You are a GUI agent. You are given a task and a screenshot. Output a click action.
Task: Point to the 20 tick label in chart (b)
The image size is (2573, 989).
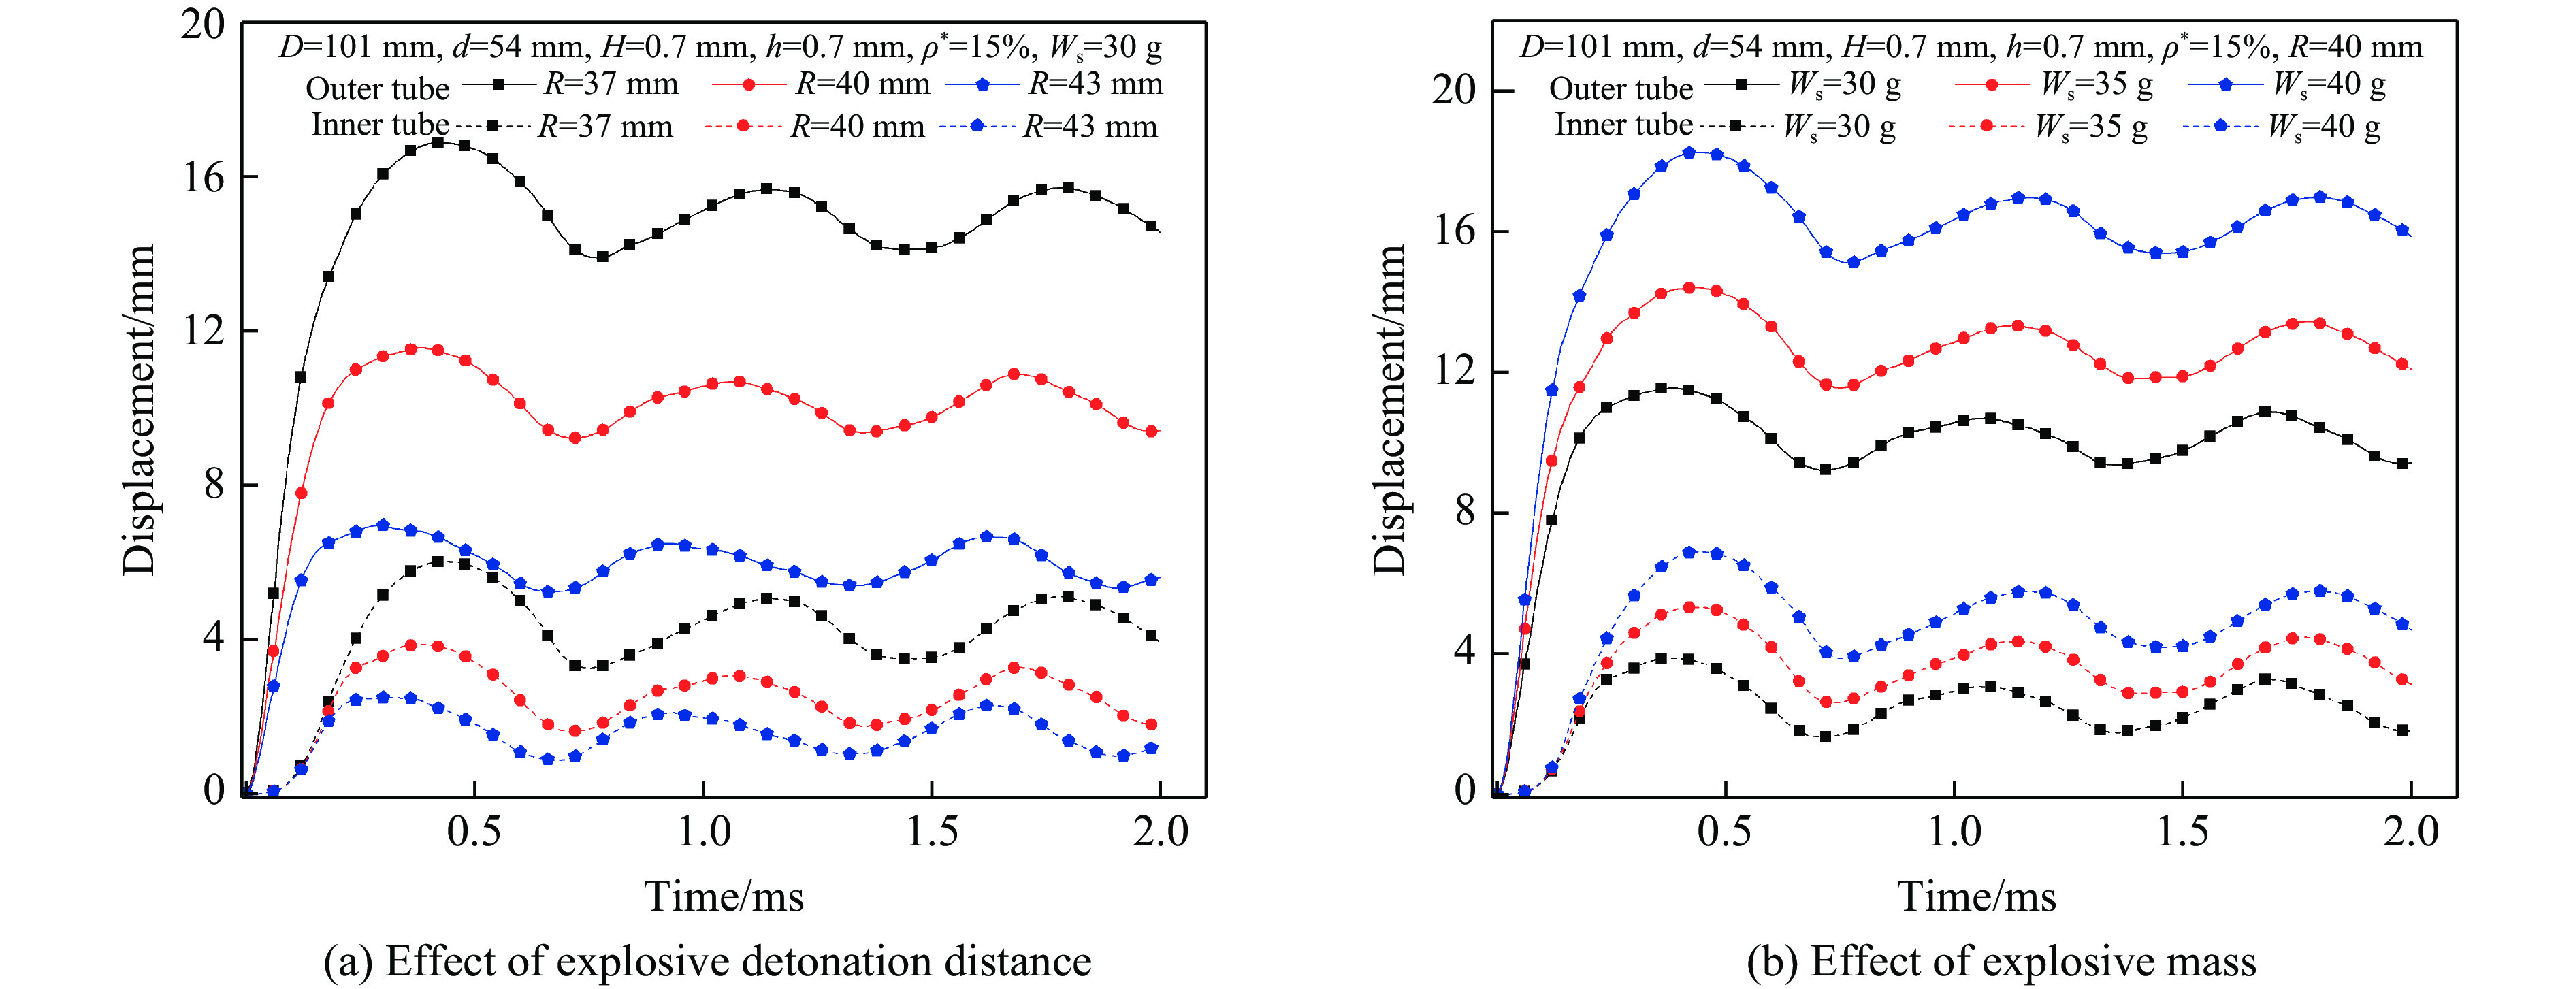click(1453, 90)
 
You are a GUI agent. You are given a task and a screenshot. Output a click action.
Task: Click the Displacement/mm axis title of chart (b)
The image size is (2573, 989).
click(1389, 410)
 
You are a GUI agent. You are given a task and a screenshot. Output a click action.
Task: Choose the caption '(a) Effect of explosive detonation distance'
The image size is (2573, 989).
click(707, 961)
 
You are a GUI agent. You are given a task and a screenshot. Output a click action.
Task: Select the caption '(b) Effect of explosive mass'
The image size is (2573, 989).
click(2001, 961)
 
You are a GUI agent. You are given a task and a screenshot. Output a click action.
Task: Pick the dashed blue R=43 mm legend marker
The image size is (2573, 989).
click(977, 126)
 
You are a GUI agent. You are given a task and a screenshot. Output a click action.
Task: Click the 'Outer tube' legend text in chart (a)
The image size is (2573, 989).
click(378, 89)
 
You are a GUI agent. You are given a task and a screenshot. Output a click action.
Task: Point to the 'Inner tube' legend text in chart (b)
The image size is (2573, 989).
click(1623, 125)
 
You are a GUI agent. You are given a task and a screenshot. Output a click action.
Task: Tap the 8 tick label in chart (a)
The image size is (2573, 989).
click(214, 485)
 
